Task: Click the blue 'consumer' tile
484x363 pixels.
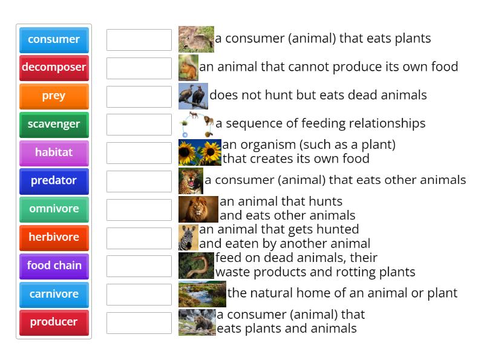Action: [x=54, y=40]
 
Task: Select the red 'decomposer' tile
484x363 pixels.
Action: [x=54, y=68]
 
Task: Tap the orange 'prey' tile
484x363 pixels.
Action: [x=54, y=96]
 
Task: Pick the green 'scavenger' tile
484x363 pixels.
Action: [x=54, y=125]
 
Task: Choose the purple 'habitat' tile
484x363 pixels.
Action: [x=54, y=153]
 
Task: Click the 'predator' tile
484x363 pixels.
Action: [x=54, y=181]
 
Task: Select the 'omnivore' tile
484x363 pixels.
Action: [x=54, y=209]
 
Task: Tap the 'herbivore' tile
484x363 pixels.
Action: [x=54, y=238]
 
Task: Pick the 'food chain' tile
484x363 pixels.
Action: [x=54, y=266]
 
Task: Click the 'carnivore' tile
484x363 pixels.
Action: [x=54, y=294]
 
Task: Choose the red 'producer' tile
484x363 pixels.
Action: [x=54, y=322]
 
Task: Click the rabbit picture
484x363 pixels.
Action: [x=196, y=39]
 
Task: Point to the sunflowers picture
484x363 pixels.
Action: [x=200, y=152]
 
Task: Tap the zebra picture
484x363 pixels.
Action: [x=188, y=238]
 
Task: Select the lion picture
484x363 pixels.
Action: [x=198, y=209]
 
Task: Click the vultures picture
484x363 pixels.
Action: [x=193, y=96]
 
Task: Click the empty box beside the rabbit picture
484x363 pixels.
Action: [x=139, y=40]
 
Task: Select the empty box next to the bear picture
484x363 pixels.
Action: [x=139, y=323]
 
